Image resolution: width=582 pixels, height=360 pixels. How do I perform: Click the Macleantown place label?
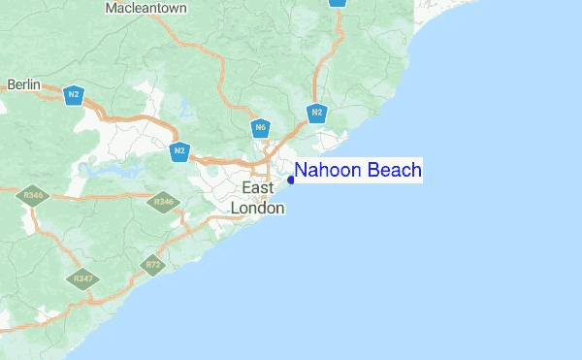(x=147, y=8)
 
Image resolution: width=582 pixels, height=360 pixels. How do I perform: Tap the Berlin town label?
(x=23, y=85)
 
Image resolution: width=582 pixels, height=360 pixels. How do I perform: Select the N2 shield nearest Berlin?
(x=73, y=95)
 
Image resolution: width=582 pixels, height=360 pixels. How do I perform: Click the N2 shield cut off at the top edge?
(x=337, y=2)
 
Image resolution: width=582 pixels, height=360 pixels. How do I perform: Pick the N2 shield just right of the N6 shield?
(x=316, y=114)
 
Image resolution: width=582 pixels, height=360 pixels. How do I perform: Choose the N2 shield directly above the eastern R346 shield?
(x=179, y=151)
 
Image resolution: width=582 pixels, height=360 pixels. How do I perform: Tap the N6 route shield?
(x=260, y=128)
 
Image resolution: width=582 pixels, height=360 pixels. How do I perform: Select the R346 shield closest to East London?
(x=164, y=203)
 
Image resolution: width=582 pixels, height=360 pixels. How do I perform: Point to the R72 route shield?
(x=152, y=264)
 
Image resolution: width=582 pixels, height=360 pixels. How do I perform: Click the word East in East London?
(x=258, y=188)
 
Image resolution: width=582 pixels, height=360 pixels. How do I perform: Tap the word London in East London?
(x=258, y=208)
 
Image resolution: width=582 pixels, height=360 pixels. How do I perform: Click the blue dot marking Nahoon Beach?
(x=291, y=179)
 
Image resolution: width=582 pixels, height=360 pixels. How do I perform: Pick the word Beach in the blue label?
(x=394, y=171)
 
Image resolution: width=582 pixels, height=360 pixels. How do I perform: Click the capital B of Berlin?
(x=11, y=85)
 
